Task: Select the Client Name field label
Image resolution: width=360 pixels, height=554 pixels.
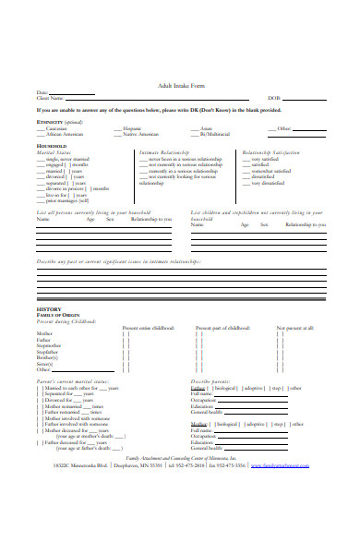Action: pyautogui.click(x=50, y=98)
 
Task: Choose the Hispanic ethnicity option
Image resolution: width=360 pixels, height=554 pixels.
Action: pyautogui.click(x=158, y=128)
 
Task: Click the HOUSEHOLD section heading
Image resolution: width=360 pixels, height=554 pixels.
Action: pyautogui.click(x=52, y=146)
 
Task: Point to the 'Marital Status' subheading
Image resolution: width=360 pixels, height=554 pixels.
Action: pyautogui.click(x=58, y=152)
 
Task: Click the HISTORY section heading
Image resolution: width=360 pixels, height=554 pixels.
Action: pyautogui.click(x=48, y=309)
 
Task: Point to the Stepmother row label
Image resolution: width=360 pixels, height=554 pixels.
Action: pyautogui.click(x=50, y=344)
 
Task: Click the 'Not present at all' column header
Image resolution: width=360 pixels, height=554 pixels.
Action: pyautogui.click(x=295, y=327)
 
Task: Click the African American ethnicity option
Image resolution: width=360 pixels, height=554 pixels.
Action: pyautogui.click(x=71, y=135)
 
